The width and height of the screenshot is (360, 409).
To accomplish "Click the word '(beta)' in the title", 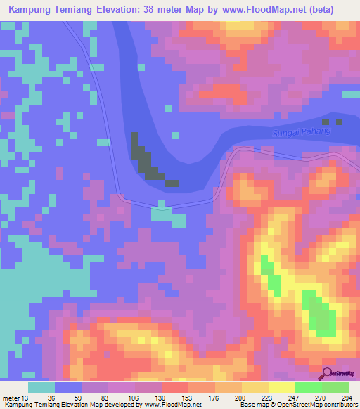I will pyautogui.click(x=320, y=9).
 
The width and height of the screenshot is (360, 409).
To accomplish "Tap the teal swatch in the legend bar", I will pyautogui.click(x=41, y=387).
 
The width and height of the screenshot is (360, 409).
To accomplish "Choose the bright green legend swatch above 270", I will pyautogui.click(x=309, y=387).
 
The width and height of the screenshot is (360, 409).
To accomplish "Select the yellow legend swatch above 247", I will pyautogui.click(x=282, y=387).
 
